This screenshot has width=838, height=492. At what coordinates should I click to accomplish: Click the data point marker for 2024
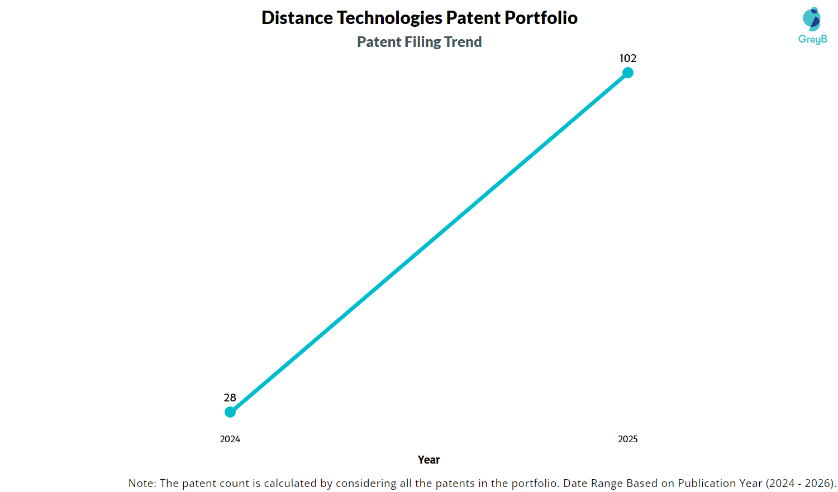pos(230,412)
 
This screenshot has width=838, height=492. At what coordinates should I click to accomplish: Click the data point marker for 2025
pos(628,73)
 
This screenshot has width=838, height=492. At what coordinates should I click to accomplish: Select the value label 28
pos(230,398)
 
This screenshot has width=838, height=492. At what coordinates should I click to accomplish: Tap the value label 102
pos(628,58)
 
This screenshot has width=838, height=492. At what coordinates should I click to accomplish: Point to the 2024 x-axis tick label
pos(230,439)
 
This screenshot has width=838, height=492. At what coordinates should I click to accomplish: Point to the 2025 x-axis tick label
pos(628,439)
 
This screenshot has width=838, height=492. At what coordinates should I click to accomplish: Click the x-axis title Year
pos(428,460)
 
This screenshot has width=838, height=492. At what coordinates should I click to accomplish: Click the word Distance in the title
pos(297,17)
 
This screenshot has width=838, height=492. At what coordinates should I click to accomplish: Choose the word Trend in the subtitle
pos(463,41)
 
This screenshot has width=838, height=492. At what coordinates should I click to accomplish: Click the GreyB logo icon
pos(812,18)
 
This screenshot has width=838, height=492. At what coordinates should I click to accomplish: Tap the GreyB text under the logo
pos(812,39)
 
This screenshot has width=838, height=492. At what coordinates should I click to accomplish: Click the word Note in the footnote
pos(141,483)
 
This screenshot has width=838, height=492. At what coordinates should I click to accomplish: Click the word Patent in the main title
pos(473,17)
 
